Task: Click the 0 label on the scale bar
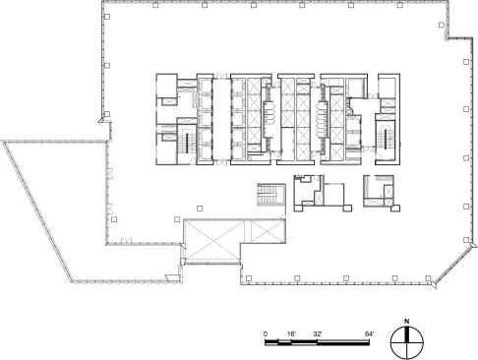pos(266,334)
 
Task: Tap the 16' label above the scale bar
pos(291,334)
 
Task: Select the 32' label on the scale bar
pos(318,334)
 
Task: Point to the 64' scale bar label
pos(369,334)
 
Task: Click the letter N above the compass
pos(407,322)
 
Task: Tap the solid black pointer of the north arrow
pos(407,334)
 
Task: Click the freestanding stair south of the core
pos(270,195)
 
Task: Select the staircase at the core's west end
pos(187,142)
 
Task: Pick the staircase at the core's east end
pos(386,140)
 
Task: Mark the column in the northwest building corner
pos(107,17)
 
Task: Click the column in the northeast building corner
pos(442,25)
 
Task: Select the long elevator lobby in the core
pos(222,119)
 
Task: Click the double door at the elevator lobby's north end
pos(222,76)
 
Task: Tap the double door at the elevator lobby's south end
pos(222,163)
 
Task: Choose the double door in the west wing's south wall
pos(126,241)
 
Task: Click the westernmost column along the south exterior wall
pos(249,278)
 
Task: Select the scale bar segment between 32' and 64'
pos(343,343)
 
